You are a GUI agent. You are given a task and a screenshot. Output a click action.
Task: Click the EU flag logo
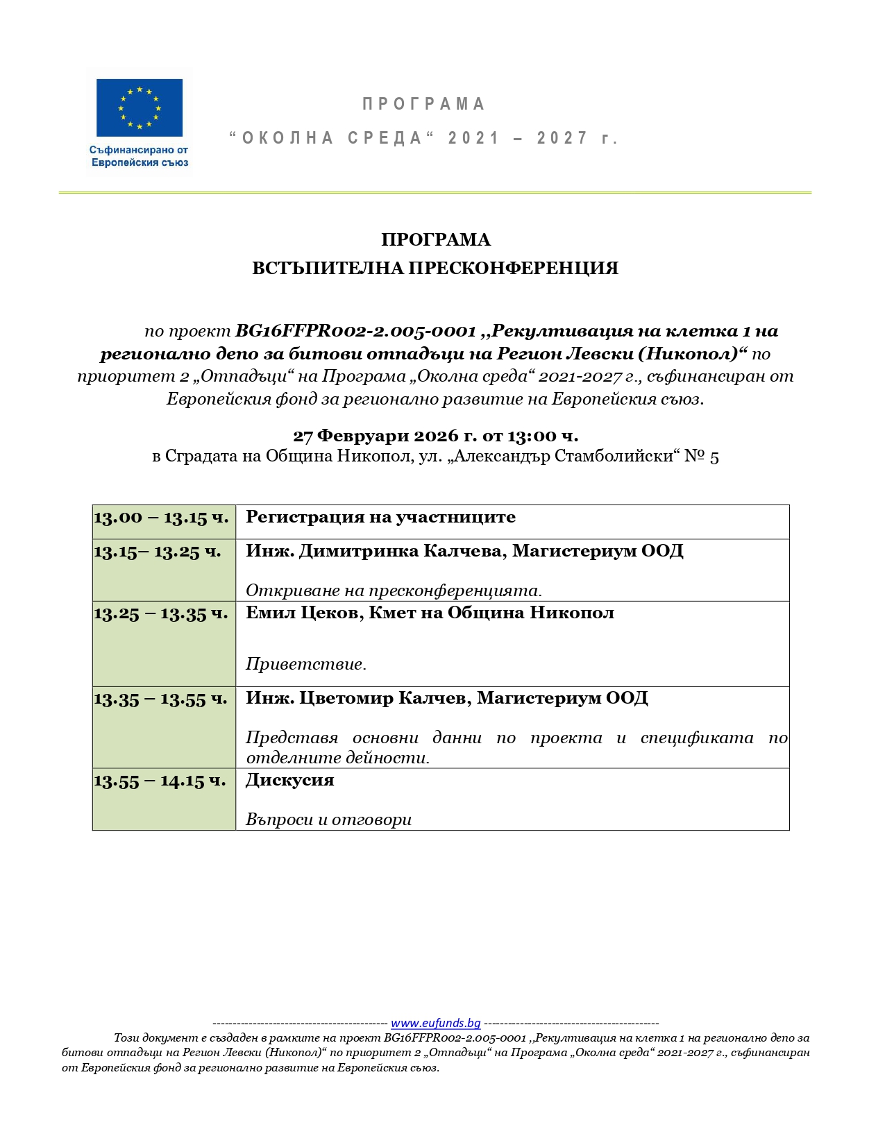click(x=140, y=108)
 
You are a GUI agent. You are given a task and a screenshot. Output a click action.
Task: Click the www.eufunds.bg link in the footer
click(x=435, y=1023)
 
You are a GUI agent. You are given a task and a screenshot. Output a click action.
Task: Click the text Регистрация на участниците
click(x=380, y=517)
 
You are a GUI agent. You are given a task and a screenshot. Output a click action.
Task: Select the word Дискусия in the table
click(x=290, y=780)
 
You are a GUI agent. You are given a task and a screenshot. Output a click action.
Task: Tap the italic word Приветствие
click(x=305, y=664)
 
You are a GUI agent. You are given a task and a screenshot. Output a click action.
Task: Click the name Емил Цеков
click(x=301, y=613)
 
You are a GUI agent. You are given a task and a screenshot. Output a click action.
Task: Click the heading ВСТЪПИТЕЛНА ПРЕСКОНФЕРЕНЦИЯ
click(x=435, y=269)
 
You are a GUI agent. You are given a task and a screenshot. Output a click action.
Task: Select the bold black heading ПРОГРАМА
click(x=436, y=240)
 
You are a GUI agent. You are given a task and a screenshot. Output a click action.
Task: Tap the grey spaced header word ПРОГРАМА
click(x=423, y=104)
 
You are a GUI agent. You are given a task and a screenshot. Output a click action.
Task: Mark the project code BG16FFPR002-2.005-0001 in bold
click(x=355, y=331)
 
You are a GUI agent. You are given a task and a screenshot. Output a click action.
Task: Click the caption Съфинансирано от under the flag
click(x=139, y=150)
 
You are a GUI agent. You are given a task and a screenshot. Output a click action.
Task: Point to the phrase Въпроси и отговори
click(x=328, y=820)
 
